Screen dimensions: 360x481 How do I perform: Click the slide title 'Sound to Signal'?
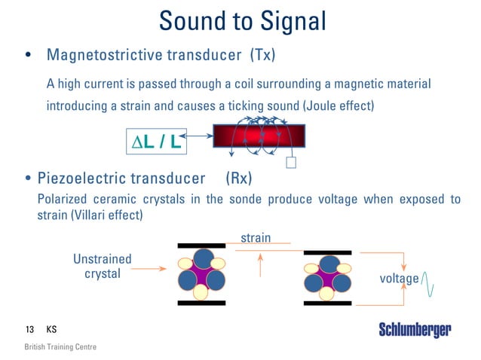coord(241,20)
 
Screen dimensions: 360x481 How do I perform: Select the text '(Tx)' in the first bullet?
coord(263,56)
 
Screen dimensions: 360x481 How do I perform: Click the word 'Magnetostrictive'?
coord(102,56)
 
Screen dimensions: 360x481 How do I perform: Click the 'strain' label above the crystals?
coord(256,239)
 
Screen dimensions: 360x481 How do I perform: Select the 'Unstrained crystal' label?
coord(102,267)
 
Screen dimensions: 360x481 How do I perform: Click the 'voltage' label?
coord(399,279)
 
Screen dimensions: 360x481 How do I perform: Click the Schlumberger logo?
coord(415,330)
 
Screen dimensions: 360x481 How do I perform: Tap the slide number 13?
coord(29,330)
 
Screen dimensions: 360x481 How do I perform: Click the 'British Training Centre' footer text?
coord(60,347)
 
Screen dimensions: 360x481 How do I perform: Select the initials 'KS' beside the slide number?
coord(51,330)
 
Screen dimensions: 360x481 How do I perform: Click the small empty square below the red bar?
coord(291,163)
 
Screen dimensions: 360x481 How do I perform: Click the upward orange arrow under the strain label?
coord(260,265)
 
